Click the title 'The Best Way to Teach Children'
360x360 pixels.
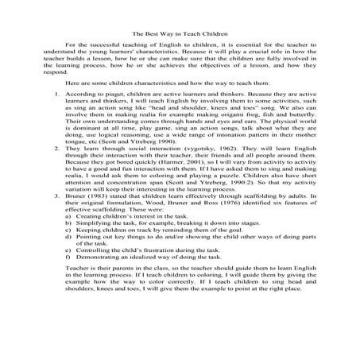coord(180,34)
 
